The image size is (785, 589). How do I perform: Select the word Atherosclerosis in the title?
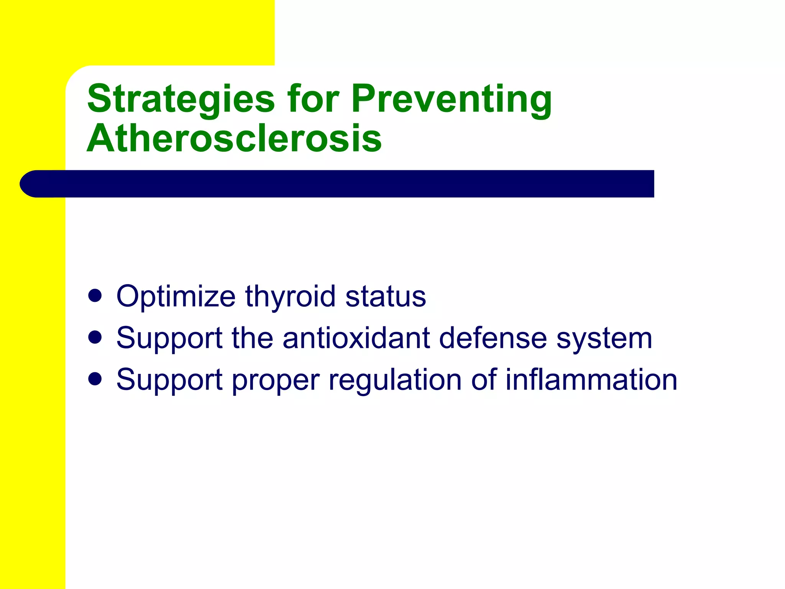pyautogui.click(x=234, y=139)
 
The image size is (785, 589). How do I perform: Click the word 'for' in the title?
pyautogui.click(x=313, y=99)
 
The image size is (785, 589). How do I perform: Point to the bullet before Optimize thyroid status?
pyautogui.click(x=95, y=296)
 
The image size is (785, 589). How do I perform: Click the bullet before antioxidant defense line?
pyautogui.click(x=95, y=337)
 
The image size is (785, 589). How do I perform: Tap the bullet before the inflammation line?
pyautogui.click(x=95, y=379)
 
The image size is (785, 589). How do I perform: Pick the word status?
pyautogui.click(x=385, y=296)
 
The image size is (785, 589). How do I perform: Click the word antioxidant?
pyautogui.click(x=356, y=338)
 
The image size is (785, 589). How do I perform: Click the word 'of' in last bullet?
pyautogui.click(x=484, y=380)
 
